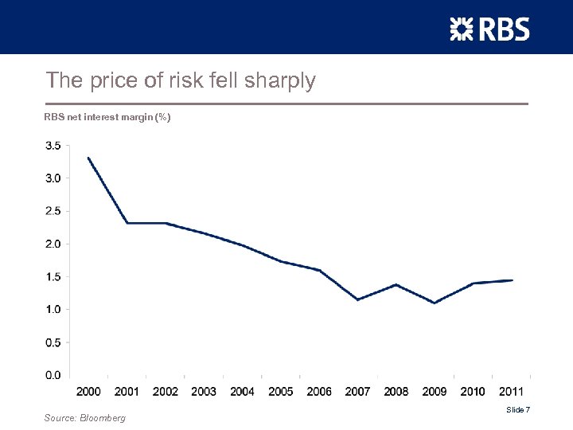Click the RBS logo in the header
[489, 29]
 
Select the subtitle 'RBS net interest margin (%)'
[107, 118]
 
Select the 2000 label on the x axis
[88, 391]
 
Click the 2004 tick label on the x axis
[242, 391]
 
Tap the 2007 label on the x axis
[357, 391]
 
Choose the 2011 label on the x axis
[511, 391]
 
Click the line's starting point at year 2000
[88, 158]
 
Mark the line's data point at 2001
[127, 223]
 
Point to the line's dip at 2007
[357, 299]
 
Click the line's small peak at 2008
[396, 284]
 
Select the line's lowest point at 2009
[435, 303]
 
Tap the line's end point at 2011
[512, 280]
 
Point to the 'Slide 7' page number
[518, 409]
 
